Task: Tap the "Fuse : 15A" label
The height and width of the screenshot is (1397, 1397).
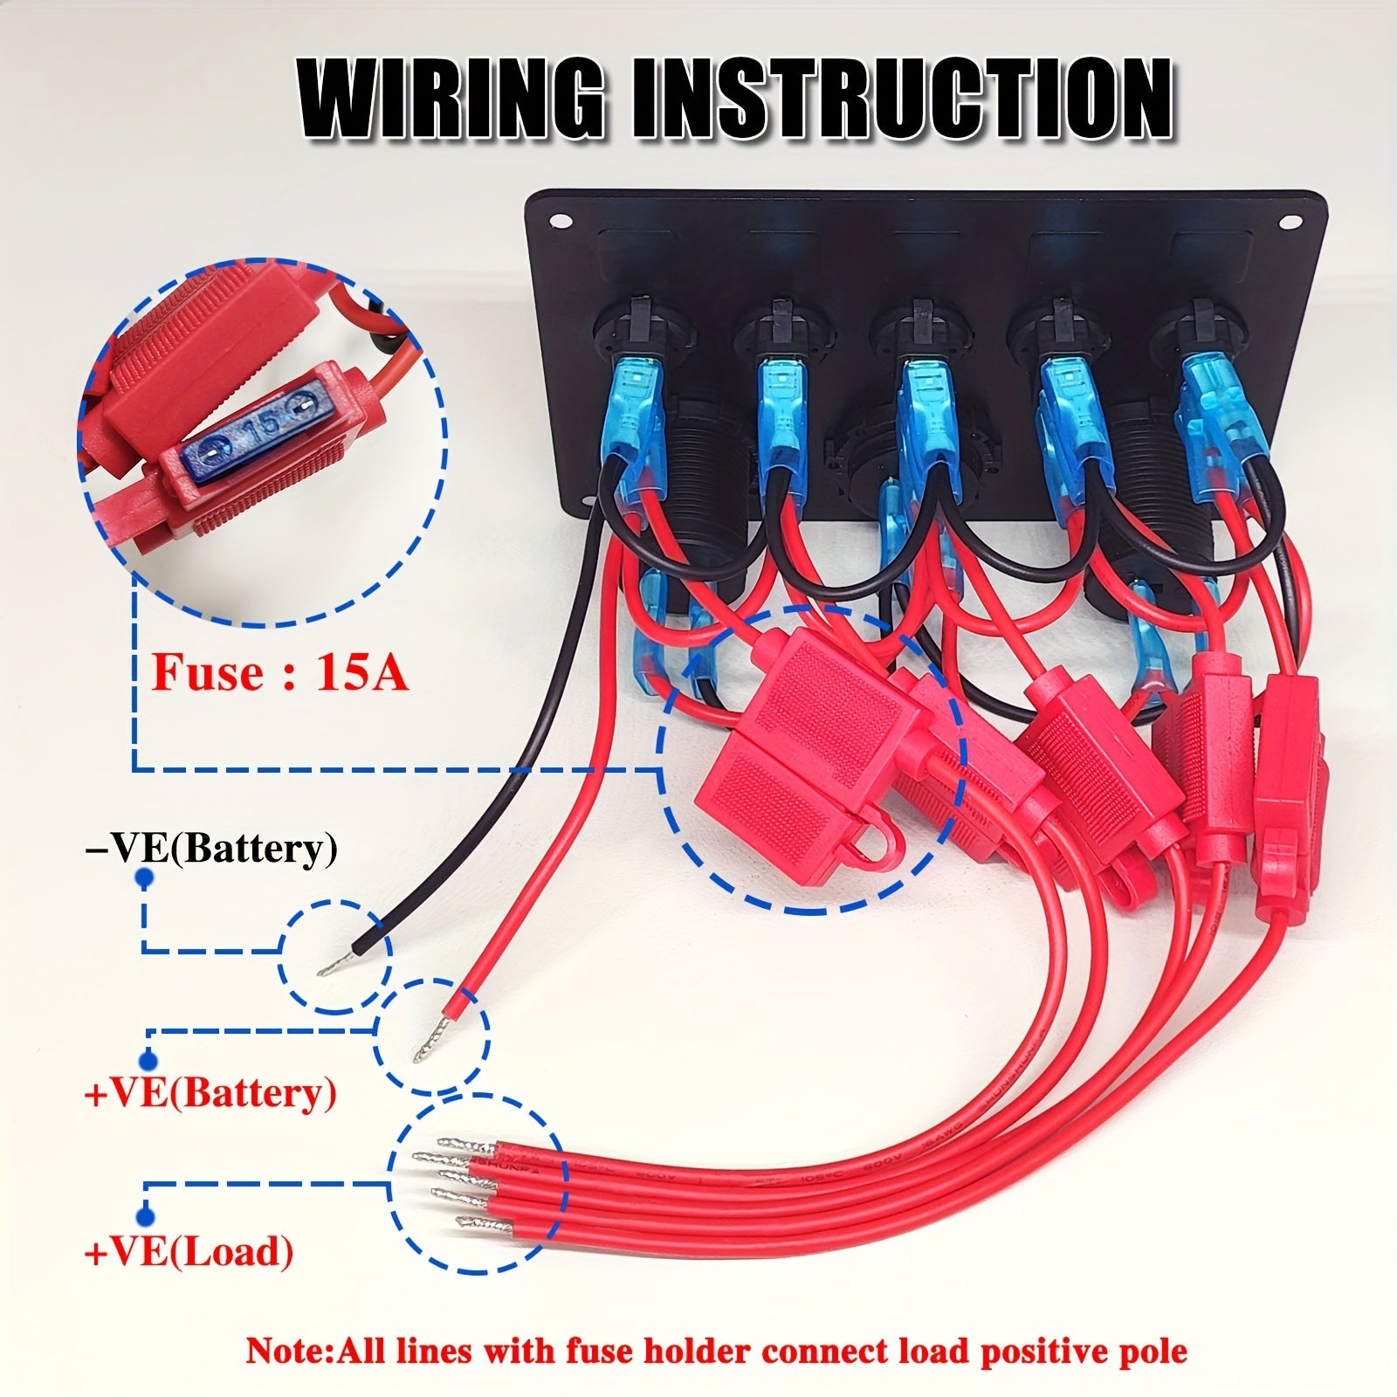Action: [x=280, y=672]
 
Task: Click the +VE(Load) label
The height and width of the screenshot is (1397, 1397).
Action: [x=189, y=1252]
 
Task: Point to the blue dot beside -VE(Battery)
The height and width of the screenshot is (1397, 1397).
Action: [x=145, y=876]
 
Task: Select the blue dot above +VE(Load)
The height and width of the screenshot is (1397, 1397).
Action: [x=145, y=1216]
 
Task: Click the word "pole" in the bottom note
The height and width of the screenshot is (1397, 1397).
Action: [x=1153, y=1350]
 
